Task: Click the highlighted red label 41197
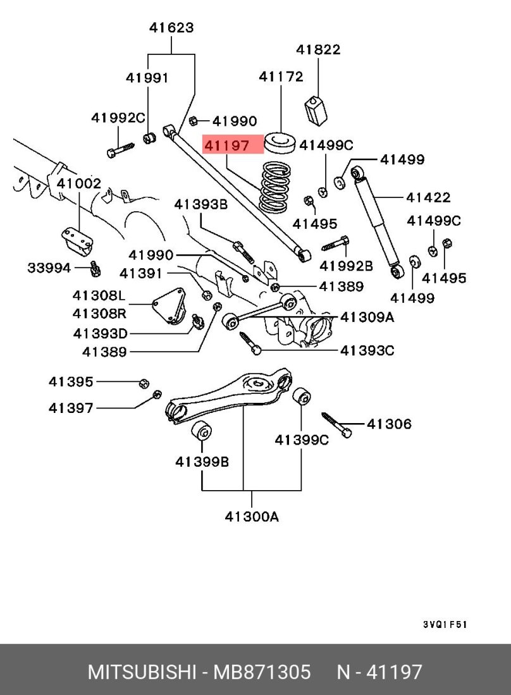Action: [x=232, y=145]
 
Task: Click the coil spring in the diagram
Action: [x=276, y=188]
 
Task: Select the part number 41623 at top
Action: [x=171, y=28]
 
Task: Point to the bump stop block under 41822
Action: [x=318, y=112]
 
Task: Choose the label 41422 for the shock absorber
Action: [x=428, y=197]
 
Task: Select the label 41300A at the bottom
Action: [x=252, y=517]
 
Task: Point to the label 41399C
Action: [x=301, y=440]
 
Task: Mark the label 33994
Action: [x=49, y=268]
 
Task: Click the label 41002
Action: [x=78, y=184]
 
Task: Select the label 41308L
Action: [x=99, y=295]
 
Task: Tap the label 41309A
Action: [x=367, y=317]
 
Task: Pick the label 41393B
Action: [x=200, y=204]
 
